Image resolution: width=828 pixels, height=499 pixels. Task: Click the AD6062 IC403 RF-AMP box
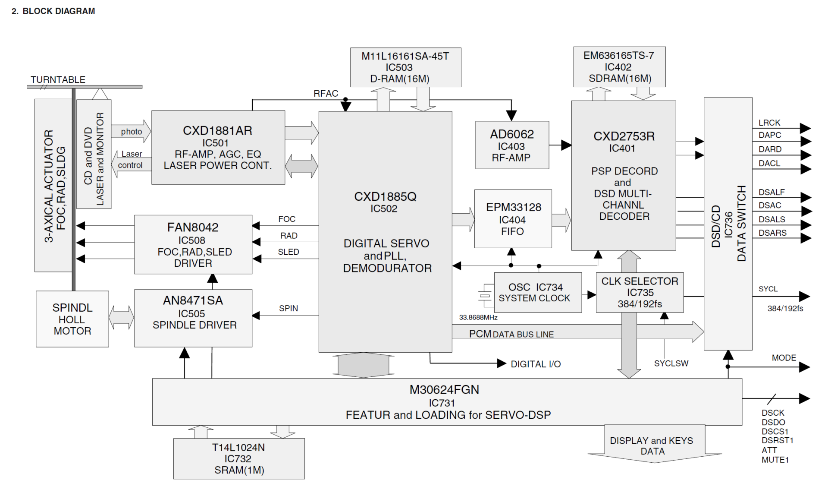pyautogui.click(x=512, y=145)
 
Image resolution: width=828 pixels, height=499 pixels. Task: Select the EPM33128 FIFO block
pyautogui.click(x=513, y=219)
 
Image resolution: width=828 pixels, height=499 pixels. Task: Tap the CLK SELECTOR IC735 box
pyautogui.click(x=640, y=292)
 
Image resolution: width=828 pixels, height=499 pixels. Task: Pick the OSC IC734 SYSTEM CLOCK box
pyautogui.click(x=537, y=293)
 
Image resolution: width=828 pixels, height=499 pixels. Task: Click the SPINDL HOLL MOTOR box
pyautogui.click(x=72, y=319)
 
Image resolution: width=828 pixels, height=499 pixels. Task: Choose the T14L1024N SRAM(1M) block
pyautogui.click(x=239, y=459)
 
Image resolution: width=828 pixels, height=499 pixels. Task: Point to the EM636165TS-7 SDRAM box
pyautogui.click(x=619, y=67)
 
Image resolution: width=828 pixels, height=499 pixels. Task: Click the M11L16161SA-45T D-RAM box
pyautogui.click(x=405, y=67)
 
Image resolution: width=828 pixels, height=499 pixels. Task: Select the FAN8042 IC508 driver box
pyautogui.click(x=193, y=244)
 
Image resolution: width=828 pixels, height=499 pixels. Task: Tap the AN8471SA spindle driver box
pyautogui.click(x=193, y=318)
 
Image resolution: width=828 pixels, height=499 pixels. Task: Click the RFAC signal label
pyautogui.click(x=326, y=94)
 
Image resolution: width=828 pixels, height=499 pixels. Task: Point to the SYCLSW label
pyautogui.click(x=671, y=363)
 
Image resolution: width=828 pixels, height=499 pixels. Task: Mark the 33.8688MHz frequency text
pyautogui.click(x=478, y=317)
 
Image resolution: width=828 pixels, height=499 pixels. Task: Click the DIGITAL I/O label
pyautogui.click(x=536, y=364)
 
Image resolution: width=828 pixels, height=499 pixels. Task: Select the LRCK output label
pyautogui.click(x=769, y=123)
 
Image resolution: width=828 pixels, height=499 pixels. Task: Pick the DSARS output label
pyautogui.click(x=772, y=233)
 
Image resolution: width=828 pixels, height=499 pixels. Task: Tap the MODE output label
pyautogui.click(x=784, y=358)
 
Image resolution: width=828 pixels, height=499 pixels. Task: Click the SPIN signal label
pyautogui.click(x=288, y=308)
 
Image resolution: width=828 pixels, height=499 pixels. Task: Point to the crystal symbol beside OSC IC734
pyautogui.click(x=485, y=296)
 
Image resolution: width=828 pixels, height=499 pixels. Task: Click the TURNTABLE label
pyautogui.click(x=58, y=80)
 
